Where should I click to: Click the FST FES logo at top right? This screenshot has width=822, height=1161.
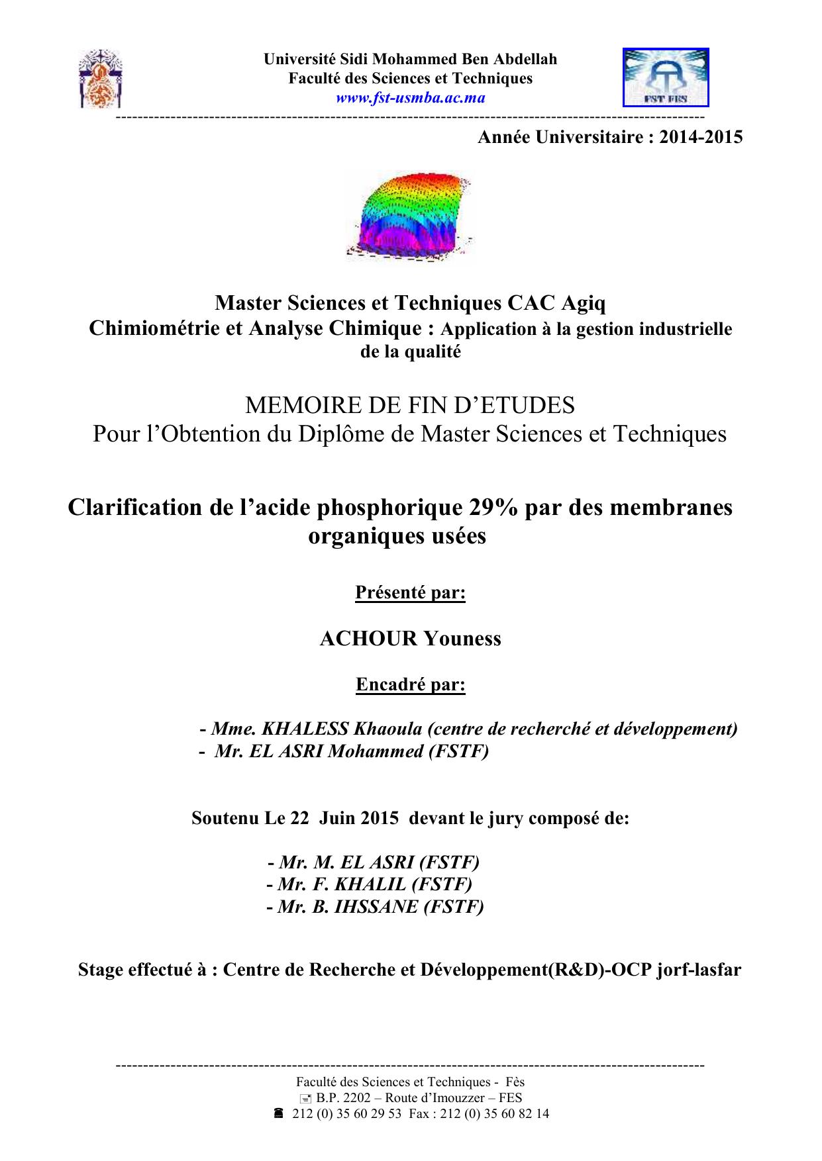[x=666, y=77]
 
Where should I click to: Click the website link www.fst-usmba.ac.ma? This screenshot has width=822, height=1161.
[x=410, y=98]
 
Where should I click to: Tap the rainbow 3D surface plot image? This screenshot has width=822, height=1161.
[x=411, y=215]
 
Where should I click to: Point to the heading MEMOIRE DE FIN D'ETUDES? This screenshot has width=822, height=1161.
[x=410, y=404]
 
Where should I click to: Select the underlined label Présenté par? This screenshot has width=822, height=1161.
[x=411, y=592]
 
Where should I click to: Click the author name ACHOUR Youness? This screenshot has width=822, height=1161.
[x=410, y=639]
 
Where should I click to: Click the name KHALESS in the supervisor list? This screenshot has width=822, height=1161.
[x=305, y=729]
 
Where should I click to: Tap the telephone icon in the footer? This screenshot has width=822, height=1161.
[x=279, y=1114]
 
